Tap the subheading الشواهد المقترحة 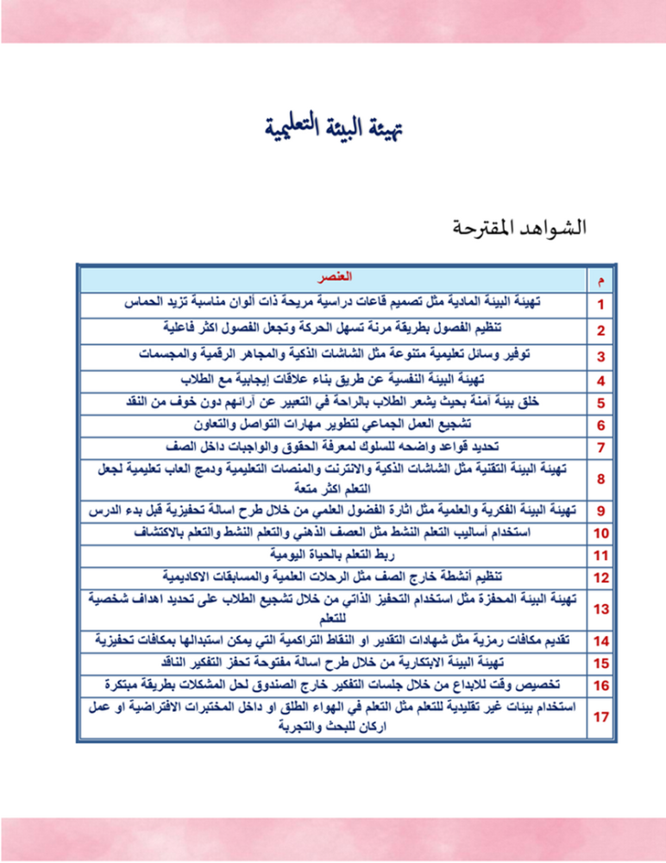tap(519, 229)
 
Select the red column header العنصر tap(332, 280)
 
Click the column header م tap(602, 280)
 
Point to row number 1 tap(602, 305)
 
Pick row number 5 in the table tap(602, 401)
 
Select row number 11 tap(602, 555)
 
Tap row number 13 tap(602, 608)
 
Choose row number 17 tap(602, 717)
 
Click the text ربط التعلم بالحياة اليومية tap(332, 554)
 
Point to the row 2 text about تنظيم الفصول tap(332, 328)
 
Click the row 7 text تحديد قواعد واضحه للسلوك tap(332, 447)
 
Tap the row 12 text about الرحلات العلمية tap(332, 576)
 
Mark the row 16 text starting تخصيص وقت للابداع tap(332, 685)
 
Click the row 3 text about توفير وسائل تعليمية tap(332, 353)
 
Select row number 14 tap(602, 640)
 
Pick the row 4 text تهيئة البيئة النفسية tap(332, 378)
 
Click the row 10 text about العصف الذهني tap(332, 532)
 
